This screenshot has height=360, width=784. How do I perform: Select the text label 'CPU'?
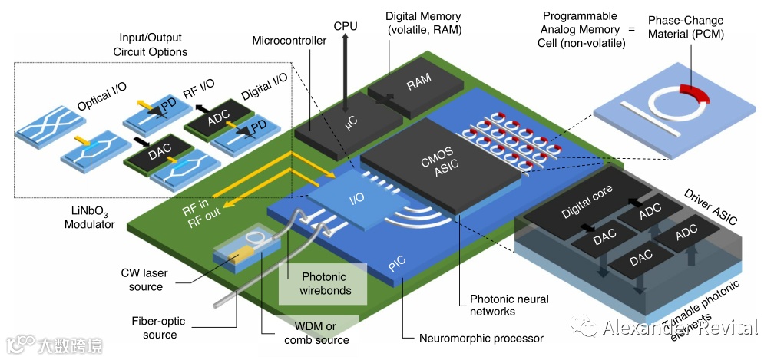coord(345,25)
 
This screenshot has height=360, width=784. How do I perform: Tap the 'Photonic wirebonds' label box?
coord(323,283)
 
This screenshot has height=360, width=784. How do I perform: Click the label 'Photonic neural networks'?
coord(492,305)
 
